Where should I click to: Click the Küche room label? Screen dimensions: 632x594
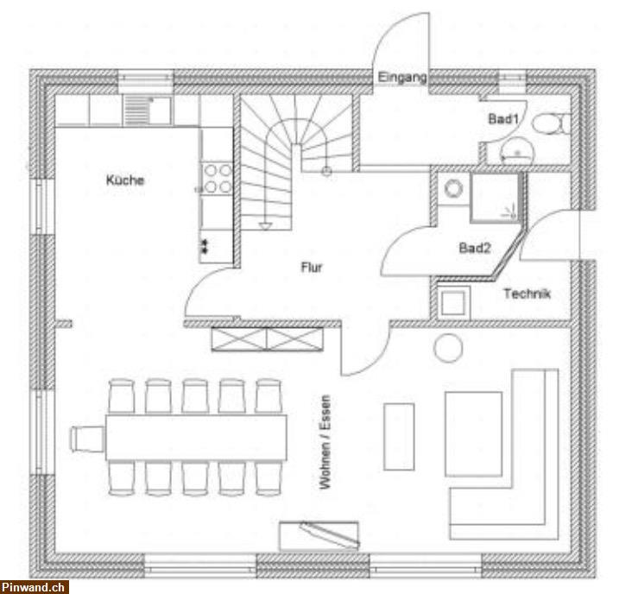125,180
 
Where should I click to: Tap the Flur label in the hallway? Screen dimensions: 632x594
312,267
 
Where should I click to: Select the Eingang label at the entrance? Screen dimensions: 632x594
401,77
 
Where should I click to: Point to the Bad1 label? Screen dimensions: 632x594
503,119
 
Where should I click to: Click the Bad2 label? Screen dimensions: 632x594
475,248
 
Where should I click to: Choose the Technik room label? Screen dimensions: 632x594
527,294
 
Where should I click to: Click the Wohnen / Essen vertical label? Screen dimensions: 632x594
325,442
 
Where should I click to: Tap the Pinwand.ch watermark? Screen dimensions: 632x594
35,587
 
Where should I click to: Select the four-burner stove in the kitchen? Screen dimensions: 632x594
217,179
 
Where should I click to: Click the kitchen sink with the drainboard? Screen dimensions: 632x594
147,111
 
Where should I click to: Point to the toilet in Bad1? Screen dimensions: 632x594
550,123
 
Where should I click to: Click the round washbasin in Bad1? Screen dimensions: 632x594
516,150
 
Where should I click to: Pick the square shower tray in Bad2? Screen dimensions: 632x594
495,198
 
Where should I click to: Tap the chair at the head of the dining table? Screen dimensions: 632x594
87,439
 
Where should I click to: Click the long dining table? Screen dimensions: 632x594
196,437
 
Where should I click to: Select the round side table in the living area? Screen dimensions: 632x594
448,348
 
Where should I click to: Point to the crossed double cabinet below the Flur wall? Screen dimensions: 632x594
268,339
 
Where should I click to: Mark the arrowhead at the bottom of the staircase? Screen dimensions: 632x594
265,226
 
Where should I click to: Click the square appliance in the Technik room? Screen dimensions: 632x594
453,303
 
